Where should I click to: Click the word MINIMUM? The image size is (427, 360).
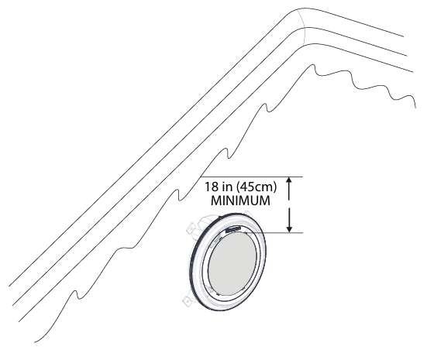(240, 201)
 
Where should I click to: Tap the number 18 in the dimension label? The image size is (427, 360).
(212, 187)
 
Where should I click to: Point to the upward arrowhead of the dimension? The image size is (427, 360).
(289, 180)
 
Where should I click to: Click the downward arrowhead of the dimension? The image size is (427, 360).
(289, 229)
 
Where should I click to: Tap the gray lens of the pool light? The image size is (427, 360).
(232, 263)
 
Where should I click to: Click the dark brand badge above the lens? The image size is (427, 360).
(233, 229)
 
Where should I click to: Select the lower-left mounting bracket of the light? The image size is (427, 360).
(188, 300)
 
